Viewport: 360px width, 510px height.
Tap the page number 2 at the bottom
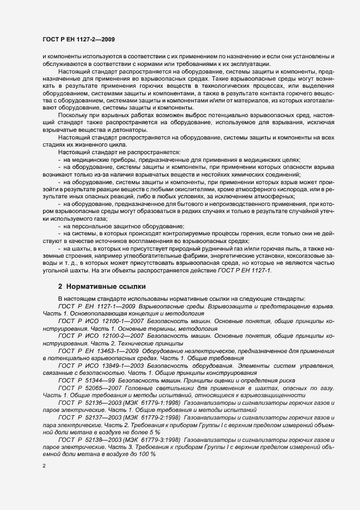click(x=44, y=466)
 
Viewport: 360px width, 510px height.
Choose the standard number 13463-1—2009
click(x=105, y=352)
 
